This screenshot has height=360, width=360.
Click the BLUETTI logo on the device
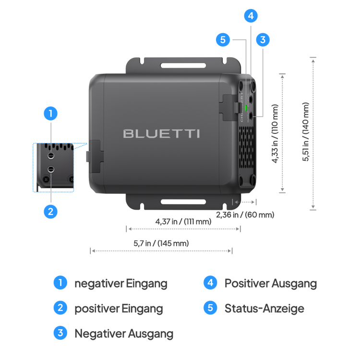coord(161,133)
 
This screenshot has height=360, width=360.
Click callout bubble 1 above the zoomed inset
coord(50,114)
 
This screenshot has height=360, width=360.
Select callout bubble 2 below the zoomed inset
coord(50,211)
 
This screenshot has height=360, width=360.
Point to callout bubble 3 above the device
coord(262,40)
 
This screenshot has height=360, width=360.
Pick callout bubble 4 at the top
coord(250,16)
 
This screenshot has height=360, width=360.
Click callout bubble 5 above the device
coord(223,40)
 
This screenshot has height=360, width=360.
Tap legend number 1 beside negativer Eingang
coord(60,283)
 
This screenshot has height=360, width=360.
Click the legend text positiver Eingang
coord(119,309)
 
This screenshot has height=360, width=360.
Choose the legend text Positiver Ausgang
coord(270,283)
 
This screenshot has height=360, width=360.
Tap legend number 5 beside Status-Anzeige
coord(210,308)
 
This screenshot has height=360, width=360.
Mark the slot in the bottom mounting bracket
coord(182,202)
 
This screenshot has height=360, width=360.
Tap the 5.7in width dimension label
coord(161,243)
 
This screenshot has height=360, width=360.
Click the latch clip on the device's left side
coord(94,156)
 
